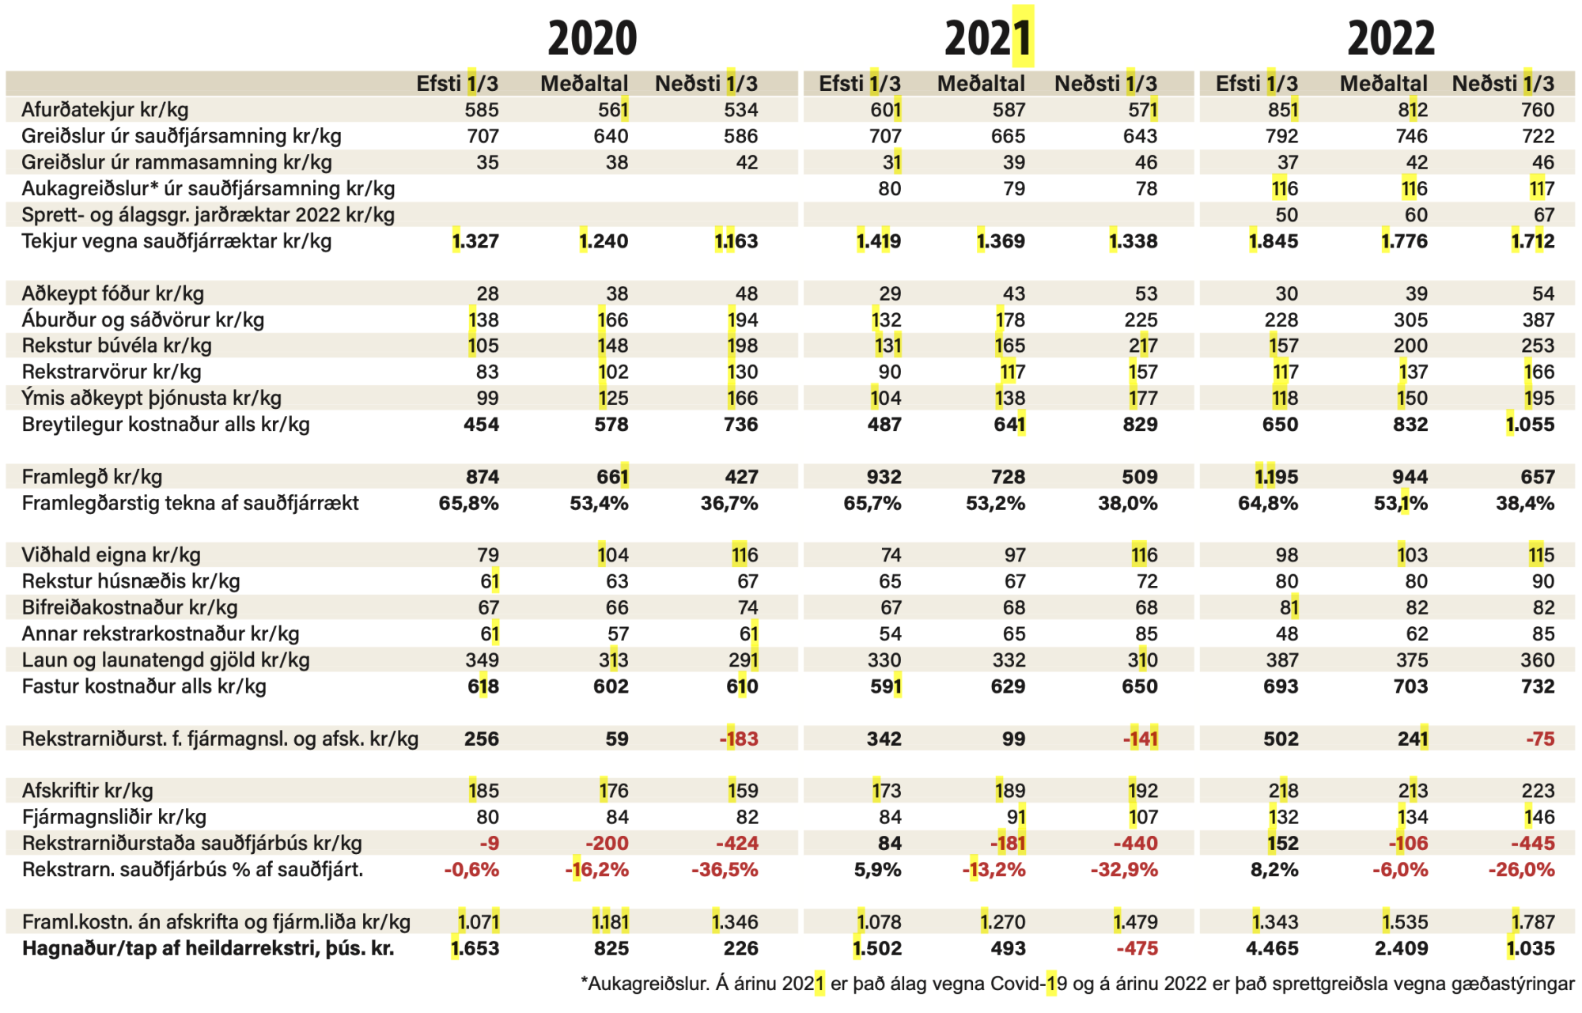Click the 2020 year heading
point(592,38)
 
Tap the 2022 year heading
point(1391,38)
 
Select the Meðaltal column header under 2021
point(981,84)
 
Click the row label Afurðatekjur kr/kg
point(104,110)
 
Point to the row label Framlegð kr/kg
point(92,477)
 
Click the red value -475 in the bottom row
point(1137,948)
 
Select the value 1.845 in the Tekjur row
point(1274,241)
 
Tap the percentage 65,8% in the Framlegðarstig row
point(468,503)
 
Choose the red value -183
point(738,739)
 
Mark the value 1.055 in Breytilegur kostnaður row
point(1530,425)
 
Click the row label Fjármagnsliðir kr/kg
point(114,817)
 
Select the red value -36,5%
point(725,870)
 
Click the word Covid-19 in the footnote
point(1027,984)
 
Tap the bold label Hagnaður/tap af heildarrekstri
point(207,948)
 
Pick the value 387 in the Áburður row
point(1538,319)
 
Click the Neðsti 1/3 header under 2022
point(1503,84)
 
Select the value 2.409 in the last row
point(1401,948)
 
